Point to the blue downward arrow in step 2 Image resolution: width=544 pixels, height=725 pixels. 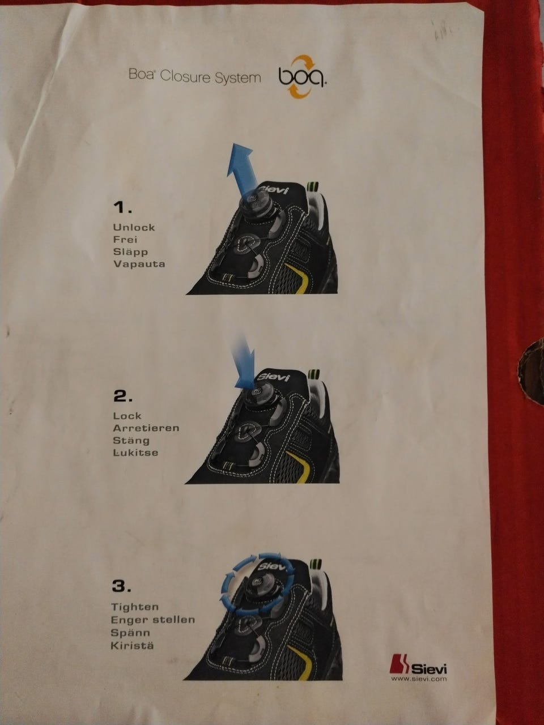244,362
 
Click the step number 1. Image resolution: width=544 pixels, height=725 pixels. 122,208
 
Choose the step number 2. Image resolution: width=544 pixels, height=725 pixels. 123,396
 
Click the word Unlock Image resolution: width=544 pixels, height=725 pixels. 134,227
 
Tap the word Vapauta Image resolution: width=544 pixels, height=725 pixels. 139,264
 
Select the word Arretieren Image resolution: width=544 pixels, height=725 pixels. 146,428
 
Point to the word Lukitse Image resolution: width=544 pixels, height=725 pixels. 135,453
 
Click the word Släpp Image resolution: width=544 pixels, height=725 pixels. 130,252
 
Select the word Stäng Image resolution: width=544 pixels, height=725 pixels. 131,440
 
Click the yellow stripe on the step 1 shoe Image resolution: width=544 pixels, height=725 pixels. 302,278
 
